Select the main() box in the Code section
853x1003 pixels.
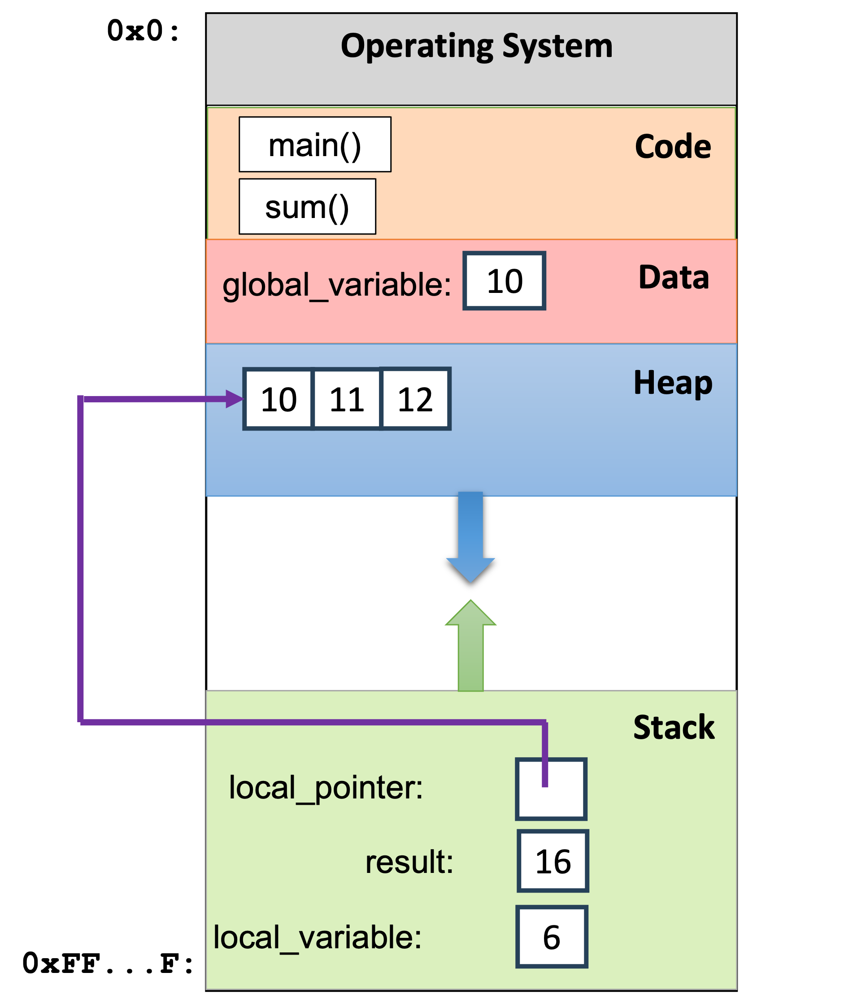(315, 144)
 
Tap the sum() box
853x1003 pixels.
(307, 207)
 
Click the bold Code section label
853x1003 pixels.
(673, 147)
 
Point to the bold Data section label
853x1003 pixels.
(674, 278)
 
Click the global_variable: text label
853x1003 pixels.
(336, 285)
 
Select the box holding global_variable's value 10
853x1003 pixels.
(505, 281)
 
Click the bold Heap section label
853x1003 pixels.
(673, 383)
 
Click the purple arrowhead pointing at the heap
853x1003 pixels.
(234, 399)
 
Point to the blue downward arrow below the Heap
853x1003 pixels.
(470, 537)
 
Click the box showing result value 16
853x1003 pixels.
(553, 861)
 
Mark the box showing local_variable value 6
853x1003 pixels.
(552, 937)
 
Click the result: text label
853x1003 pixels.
(409, 862)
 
